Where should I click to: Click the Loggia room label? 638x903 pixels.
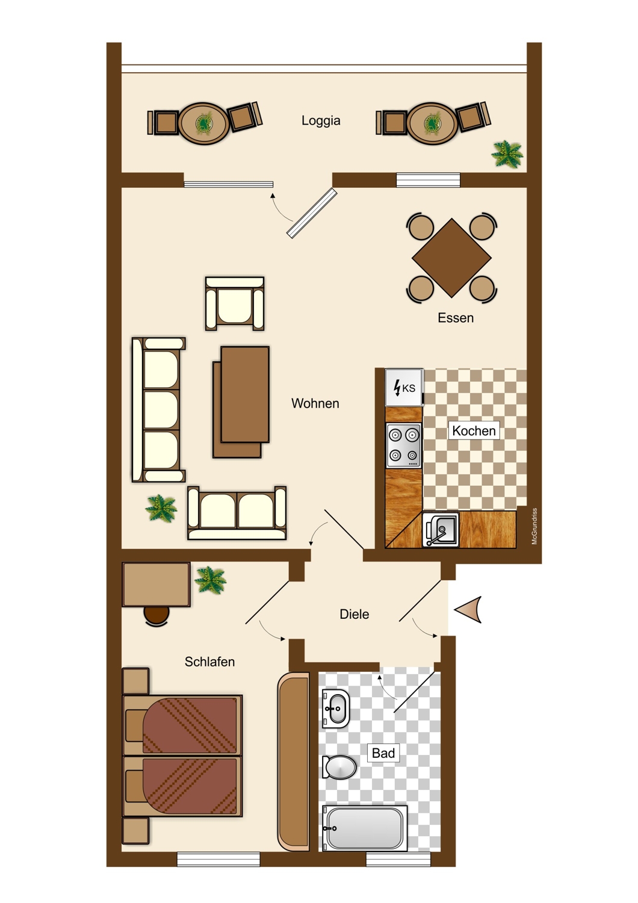321,120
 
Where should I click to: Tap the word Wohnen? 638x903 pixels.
315,403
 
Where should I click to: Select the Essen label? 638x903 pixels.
456,318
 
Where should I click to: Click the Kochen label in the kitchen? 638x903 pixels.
474,430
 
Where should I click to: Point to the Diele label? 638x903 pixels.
355,614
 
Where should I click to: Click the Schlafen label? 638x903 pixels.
209,662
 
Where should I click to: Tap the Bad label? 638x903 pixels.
383,752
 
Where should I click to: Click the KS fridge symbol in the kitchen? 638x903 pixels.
404,388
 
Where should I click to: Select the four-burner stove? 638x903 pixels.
404,445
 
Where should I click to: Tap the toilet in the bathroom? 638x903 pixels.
339,767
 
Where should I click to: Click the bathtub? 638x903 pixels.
364,828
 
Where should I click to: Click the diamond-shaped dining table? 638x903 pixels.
451,258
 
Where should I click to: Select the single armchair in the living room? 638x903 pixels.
235,303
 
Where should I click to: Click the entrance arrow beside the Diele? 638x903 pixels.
469,609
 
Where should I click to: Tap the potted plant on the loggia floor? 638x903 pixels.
507,154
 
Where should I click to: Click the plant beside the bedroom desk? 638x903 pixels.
210,580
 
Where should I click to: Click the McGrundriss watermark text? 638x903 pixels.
534,526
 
